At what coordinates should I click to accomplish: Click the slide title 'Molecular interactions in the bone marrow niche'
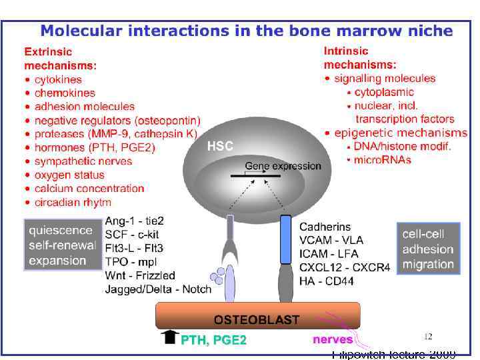[247, 31]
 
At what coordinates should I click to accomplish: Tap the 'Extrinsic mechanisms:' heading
[60, 59]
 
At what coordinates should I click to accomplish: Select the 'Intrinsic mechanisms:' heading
[360, 57]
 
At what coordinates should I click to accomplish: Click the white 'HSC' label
[220, 145]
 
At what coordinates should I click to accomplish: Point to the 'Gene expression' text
[274, 165]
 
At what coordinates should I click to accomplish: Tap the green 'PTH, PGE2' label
[213, 341]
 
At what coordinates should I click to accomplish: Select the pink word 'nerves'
[333, 340]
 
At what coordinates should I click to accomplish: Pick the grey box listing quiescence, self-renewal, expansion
[61, 245]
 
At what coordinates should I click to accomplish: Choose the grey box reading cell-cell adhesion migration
[428, 249]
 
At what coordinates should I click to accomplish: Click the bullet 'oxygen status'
[69, 175]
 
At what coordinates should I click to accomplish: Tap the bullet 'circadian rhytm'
[73, 202]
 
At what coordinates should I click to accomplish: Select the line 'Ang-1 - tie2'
[135, 221]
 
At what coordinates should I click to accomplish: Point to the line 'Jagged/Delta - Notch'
[158, 289]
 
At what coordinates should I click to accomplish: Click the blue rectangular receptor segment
[285, 238]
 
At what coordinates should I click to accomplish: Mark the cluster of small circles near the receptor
[217, 276]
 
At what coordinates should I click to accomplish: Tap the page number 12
[429, 336]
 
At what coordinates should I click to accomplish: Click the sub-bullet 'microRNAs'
[382, 159]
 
